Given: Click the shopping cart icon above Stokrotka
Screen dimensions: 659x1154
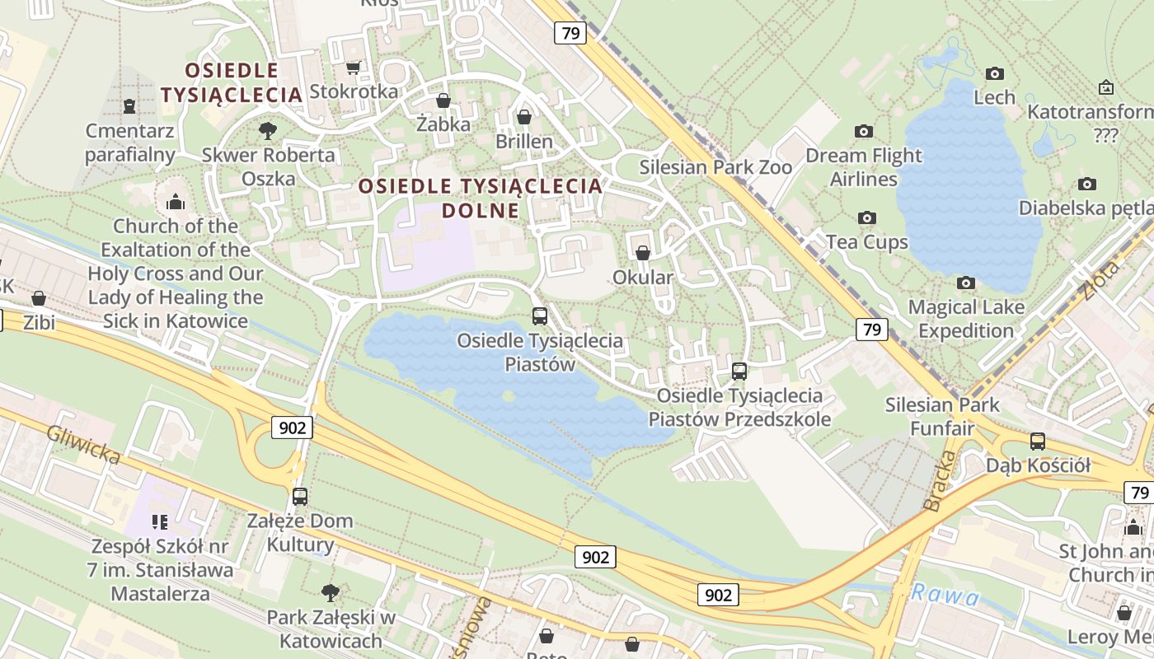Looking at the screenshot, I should pos(353,68).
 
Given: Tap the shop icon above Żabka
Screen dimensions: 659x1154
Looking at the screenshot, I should pos(443,100).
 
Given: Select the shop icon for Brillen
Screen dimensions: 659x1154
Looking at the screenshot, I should pos(524,117).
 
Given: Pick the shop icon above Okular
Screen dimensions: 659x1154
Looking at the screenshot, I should pos(643,253).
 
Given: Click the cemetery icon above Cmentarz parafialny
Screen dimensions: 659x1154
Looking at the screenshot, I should pos(129,105).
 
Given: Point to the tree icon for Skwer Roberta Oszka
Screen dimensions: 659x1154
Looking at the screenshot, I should pos(267,130).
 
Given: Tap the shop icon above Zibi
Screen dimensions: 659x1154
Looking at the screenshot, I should pos(39,298).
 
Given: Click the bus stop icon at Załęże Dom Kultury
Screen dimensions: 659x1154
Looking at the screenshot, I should pos(300,497).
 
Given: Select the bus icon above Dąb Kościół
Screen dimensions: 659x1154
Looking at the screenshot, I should pos(1038,442).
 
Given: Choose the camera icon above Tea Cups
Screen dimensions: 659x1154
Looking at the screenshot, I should pos(866,217).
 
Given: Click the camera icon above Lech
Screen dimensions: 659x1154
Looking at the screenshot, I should pos(995,73).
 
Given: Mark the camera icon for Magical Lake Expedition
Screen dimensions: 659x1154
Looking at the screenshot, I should pos(966,283).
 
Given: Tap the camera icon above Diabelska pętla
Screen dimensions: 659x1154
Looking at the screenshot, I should pos(1087,184).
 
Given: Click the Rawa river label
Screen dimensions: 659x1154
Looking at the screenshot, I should pos(945,594).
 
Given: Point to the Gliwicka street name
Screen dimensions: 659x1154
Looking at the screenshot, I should pos(83,444).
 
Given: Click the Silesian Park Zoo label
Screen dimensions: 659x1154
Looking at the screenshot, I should pos(715,167).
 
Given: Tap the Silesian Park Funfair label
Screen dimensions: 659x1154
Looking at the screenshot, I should pos(942,416).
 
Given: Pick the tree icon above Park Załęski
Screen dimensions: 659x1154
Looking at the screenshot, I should pos(331,592).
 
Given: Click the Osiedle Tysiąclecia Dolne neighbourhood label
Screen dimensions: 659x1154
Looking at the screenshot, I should pos(481,198).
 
